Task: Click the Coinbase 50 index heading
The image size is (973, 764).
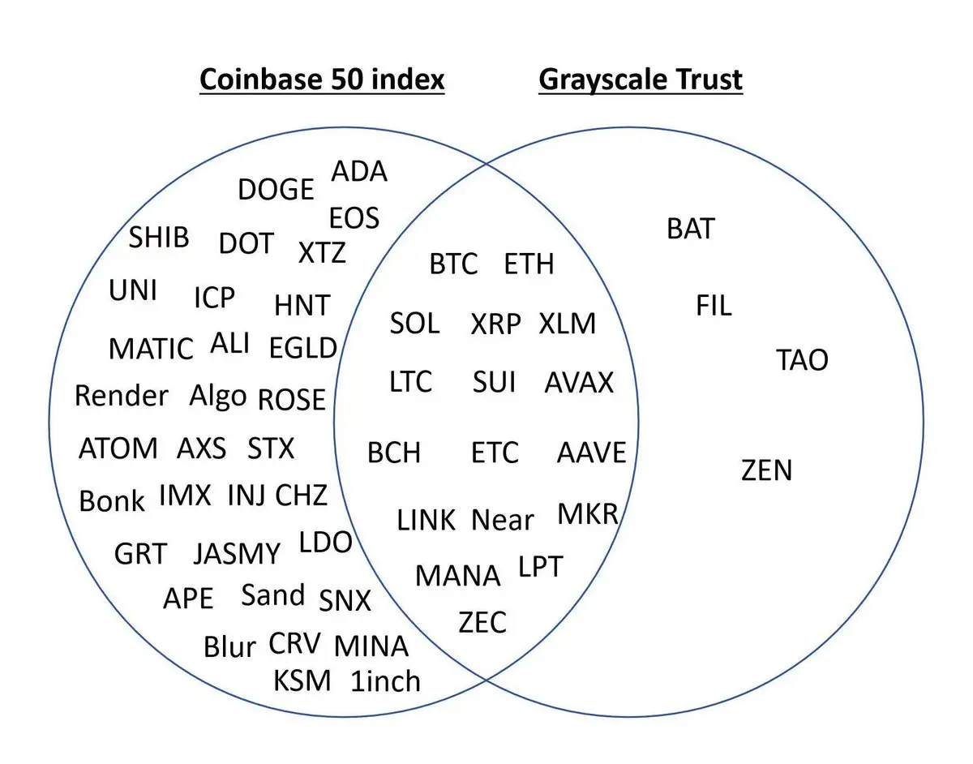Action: coord(322,79)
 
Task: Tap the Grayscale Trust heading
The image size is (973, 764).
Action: coord(641,79)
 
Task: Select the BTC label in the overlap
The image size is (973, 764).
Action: coord(453,264)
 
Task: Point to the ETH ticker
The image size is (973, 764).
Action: coord(529,264)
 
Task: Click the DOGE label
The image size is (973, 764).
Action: coord(276,190)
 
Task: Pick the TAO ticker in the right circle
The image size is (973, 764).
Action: coord(802,360)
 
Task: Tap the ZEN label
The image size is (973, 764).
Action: coord(766,470)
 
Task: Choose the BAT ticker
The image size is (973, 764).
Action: coord(691,230)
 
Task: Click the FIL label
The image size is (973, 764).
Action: coord(714,306)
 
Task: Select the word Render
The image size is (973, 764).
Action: coord(122,396)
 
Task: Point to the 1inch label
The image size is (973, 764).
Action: coord(386,681)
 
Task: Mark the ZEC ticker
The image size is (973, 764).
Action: coord(482,623)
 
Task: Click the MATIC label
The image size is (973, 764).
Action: coord(151,350)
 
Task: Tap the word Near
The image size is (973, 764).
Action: coord(503,520)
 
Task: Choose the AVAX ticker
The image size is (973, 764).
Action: coord(579,382)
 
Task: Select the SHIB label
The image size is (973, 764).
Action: coord(159,238)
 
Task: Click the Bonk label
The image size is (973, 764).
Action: coord(112,500)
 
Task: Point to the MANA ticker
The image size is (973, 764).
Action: coord(458,576)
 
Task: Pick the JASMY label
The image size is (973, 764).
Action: coord(237,554)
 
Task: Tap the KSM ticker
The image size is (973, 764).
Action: coord(302,680)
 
